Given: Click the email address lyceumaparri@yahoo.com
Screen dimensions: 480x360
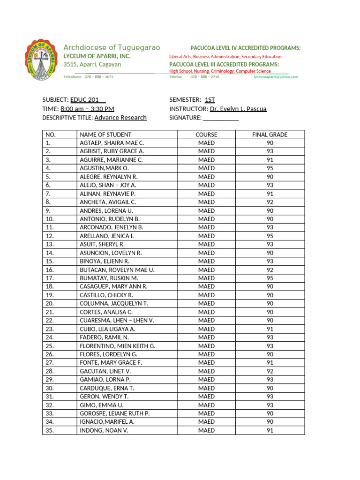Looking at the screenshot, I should pyautogui.click(x=276, y=76).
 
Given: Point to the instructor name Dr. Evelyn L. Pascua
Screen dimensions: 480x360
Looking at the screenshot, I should pyautogui.click(x=238, y=109).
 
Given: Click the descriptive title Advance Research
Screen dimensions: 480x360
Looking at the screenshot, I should pyautogui.click(x=120, y=118).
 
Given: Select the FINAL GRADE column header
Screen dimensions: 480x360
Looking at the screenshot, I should pyautogui.click(x=270, y=135).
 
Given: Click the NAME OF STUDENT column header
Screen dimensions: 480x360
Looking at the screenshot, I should pyautogui.click(x=105, y=135).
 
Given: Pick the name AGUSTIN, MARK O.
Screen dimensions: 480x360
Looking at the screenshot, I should pyautogui.click(x=104, y=168).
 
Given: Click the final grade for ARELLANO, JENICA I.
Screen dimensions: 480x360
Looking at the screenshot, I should pyautogui.click(x=270, y=236).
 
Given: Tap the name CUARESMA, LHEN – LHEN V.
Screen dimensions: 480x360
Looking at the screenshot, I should pyautogui.click(x=117, y=320).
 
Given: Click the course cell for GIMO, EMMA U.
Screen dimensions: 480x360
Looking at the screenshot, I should pyautogui.click(x=206, y=405).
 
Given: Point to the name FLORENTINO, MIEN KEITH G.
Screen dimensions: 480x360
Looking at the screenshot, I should pyautogui.click(x=117, y=346).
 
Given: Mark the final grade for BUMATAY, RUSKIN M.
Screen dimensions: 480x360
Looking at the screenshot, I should pyautogui.click(x=270, y=278).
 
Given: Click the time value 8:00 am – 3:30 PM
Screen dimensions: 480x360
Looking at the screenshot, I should pyautogui.click(x=87, y=109).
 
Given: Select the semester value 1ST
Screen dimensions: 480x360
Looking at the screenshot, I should pyautogui.click(x=210, y=100).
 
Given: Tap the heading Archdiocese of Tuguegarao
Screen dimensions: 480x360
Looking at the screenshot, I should pyautogui.click(x=112, y=47).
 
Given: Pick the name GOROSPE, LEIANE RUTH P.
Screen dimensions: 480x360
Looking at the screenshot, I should pyautogui.click(x=114, y=413).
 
